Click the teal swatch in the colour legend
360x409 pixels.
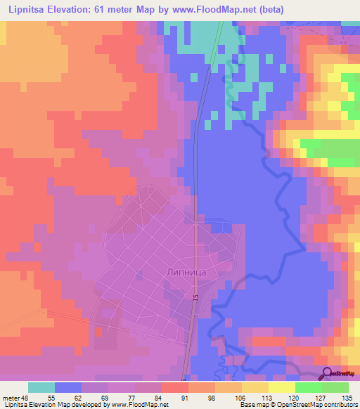coord(41,387)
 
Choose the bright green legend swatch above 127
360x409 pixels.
coord(309,387)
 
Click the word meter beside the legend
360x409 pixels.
coord(11,397)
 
